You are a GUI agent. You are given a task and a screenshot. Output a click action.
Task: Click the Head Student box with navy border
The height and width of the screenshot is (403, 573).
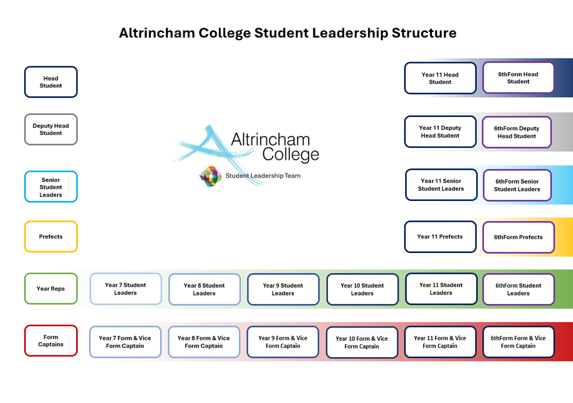(50, 82)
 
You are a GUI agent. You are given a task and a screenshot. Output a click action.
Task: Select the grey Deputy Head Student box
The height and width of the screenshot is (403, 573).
(50, 129)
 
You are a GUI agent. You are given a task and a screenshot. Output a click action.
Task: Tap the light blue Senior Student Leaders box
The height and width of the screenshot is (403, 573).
(50, 187)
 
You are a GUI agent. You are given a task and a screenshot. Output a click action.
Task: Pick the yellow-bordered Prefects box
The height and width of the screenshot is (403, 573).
(50, 236)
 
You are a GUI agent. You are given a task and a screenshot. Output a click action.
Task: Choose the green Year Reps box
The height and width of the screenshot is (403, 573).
(50, 288)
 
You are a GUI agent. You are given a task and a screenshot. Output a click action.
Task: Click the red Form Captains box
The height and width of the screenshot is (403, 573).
(50, 340)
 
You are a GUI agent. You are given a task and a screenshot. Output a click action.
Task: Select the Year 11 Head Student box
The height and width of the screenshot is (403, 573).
(440, 78)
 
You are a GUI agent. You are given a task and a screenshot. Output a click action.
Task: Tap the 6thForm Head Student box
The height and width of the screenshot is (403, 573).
(518, 77)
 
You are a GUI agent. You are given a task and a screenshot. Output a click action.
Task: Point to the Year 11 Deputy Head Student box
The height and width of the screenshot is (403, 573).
(440, 132)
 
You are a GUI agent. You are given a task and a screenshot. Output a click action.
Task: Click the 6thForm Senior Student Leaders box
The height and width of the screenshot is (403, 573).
(517, 185)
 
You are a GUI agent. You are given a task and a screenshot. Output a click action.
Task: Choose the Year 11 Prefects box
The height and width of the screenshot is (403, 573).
(440, 236)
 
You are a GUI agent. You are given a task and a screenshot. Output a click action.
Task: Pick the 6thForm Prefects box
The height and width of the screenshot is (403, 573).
(518, 237)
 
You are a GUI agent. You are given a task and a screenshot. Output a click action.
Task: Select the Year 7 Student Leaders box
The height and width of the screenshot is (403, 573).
(125, 289)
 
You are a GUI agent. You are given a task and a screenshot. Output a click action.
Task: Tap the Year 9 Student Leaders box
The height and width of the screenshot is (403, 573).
(283, 289)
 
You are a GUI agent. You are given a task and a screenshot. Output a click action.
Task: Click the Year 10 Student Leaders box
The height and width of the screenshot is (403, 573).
(362, 289)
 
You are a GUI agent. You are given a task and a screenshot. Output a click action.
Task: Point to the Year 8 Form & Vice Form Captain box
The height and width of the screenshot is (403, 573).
(204, 342)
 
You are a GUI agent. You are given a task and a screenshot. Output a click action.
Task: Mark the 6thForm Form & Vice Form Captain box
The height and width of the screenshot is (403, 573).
(518, 342)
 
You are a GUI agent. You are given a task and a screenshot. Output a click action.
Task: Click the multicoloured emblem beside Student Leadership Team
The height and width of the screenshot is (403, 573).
(210, 176)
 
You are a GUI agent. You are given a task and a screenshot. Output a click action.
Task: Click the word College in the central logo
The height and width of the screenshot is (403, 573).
(290, 154)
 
